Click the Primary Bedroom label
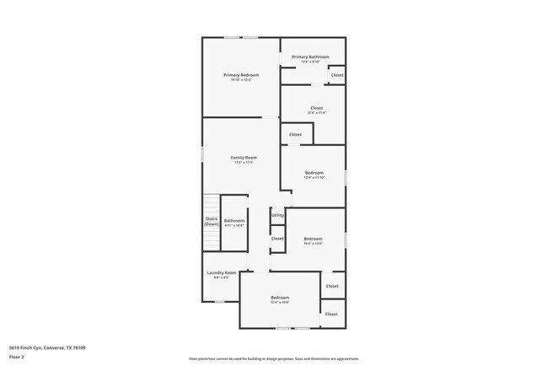click(241, 75)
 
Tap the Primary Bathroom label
click(310, 57)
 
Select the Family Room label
click(244, 157)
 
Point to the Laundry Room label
click(221, 272)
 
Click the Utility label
click(277, 215)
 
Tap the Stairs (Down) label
click(212, 221)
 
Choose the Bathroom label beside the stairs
click(234, 221)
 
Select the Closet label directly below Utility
click(277, 240)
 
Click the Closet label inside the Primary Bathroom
click(336, 75)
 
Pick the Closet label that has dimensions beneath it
click(316, 107)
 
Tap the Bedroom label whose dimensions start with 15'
click(280, 298)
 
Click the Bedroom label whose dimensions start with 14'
click(313, 238)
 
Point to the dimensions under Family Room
click(244, 162)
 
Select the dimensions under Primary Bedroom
click(241, 80)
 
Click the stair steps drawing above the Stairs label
click(211, 204)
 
